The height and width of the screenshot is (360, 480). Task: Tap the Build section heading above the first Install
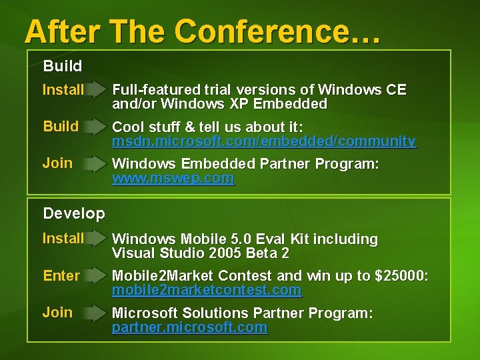coord(63,66)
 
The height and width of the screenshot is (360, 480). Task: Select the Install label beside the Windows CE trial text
coord(63,89)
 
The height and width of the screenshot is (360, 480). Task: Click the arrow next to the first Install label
coord(97,90)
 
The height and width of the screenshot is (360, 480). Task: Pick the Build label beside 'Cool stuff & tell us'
coord(61,126)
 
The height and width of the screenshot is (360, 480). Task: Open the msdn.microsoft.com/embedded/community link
coord(264,141)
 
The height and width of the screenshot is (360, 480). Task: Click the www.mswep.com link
coord(173,178)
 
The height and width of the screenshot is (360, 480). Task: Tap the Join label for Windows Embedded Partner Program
coord(57,163)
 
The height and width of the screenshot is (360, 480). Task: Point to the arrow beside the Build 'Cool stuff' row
coord(97,127)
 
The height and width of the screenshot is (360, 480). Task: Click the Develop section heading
coord(74,213)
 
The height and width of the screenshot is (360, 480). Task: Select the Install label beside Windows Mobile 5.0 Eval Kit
coord(63,238)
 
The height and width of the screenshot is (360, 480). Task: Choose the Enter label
coord(61,275)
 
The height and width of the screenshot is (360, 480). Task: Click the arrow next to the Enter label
coord(97,276)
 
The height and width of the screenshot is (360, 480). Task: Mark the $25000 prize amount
coord(403,276)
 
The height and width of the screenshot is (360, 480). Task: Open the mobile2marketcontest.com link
coord(207,291)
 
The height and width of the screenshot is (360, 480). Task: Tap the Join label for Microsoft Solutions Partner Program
coord(57,312)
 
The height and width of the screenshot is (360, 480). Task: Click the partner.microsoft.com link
coord(189,327)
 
